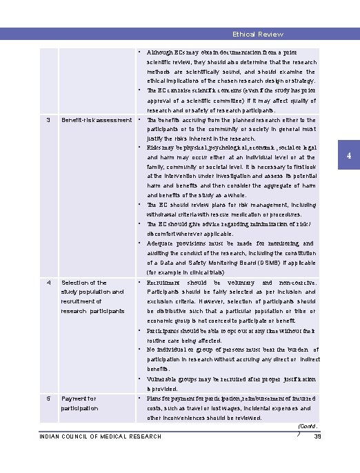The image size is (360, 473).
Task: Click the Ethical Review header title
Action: click(x=257, y=34)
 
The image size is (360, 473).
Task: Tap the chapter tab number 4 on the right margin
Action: click(x=350, y=157)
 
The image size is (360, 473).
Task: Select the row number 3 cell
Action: click(x=48, y=120)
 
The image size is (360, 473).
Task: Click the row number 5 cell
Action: click(x=48, y=399)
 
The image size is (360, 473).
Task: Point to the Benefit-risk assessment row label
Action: click(x=96, y=120)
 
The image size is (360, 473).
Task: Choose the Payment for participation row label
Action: click(x=80, y=403)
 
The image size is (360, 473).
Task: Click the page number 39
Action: click(x=318, y=436)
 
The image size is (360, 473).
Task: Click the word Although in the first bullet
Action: click(x=161, y=52)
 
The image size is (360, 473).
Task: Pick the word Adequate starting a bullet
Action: click(x=163, y=243)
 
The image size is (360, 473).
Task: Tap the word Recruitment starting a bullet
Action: click(x=166, y=283)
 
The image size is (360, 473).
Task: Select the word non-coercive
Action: click(x=297, y=283)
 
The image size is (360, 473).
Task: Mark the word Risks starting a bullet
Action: click(x=155, y=148)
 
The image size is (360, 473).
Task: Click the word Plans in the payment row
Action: click(x=155, y=399)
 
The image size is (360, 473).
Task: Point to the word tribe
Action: click(x=302, y=311)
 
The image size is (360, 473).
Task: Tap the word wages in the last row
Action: click(x=228, y=408)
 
